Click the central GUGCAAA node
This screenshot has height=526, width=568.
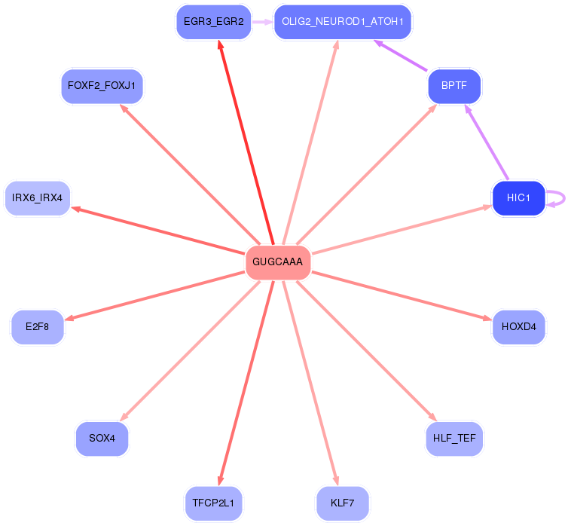[x=278, y=262]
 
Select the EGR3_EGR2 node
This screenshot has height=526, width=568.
[x=213, y=22]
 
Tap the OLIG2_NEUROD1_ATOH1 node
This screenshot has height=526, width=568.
[x=343, y=22]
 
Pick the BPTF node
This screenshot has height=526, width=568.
[x=454, y=86]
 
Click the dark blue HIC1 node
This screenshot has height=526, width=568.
[x=518, y=198]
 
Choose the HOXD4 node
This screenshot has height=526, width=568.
[x=518, y=327]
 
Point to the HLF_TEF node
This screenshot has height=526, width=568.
[x=454, y=439]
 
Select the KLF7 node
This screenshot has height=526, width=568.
[x=343, y=503]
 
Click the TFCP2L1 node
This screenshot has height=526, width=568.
[x=213, y=503]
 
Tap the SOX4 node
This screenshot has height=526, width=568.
[x=102, y=439]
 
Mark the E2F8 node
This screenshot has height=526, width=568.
[x=38, y=327]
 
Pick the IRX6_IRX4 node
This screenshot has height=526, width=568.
[x=38, y=198]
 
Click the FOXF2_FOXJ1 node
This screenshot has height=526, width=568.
[x=102, y=86]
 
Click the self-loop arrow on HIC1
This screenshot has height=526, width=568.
[x=561, y=198]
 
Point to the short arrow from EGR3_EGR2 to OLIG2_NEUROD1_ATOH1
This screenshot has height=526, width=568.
[x=261, y=22]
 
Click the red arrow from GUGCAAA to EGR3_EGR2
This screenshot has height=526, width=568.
[x=246, y=143]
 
